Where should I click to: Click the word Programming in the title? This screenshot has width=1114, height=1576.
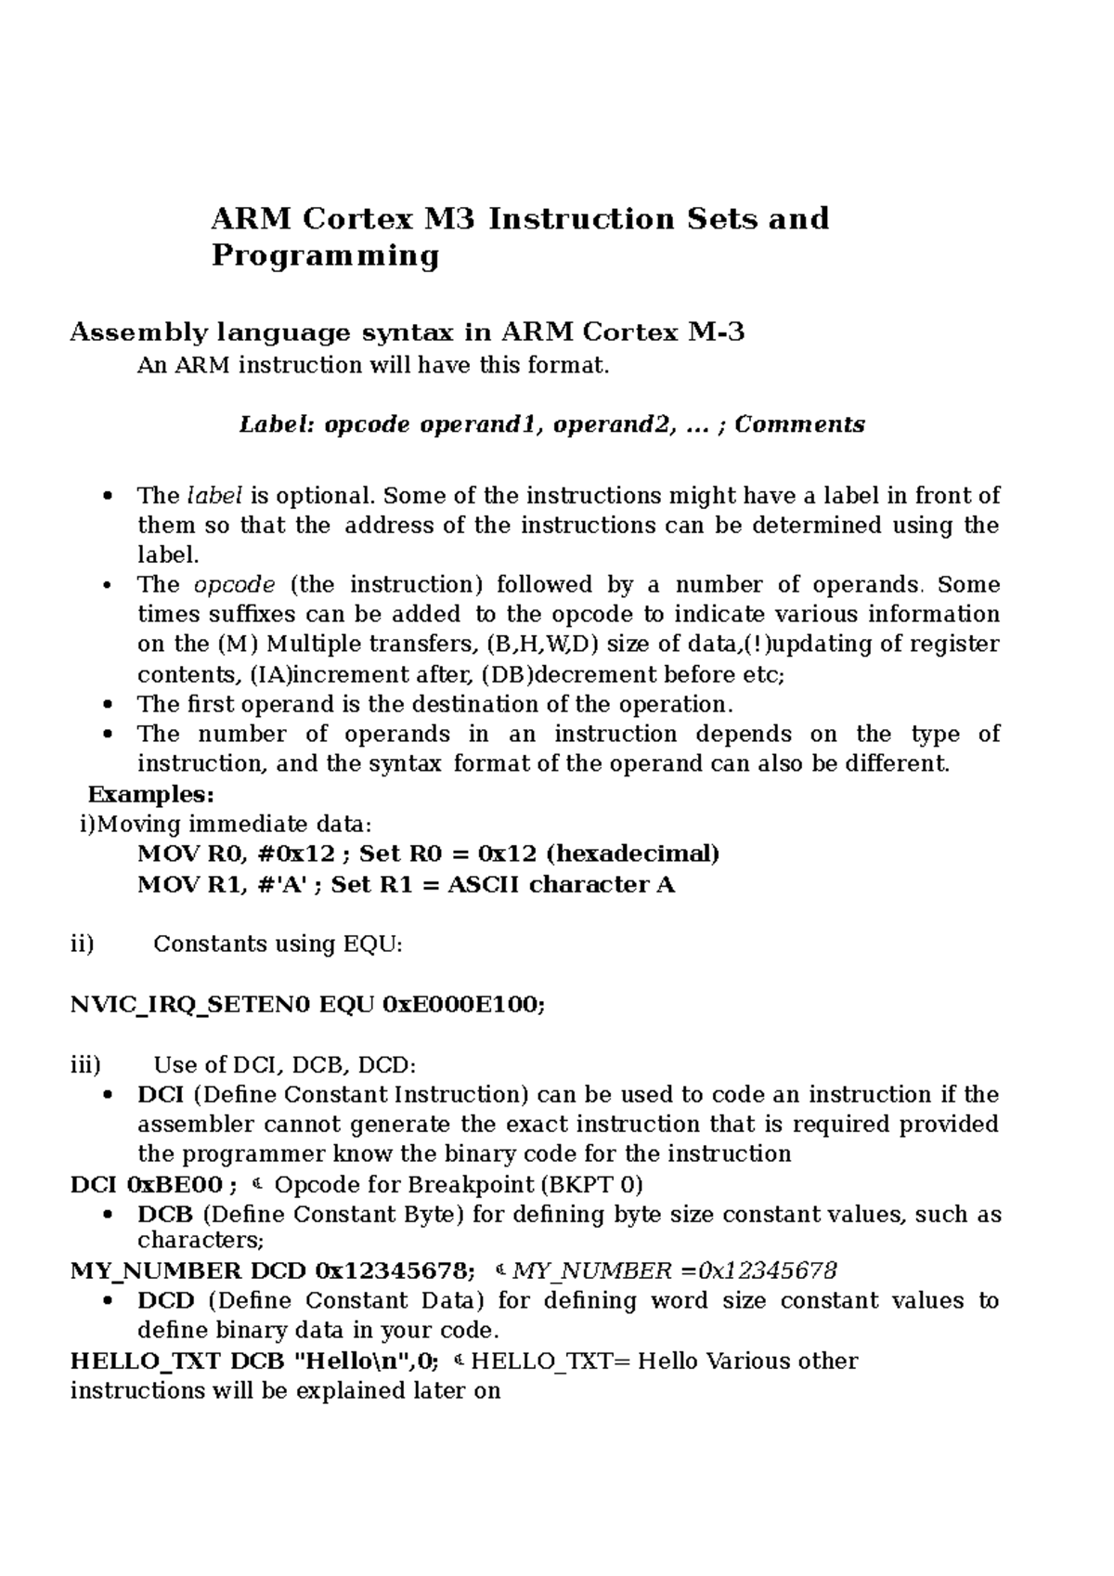coord(325,255)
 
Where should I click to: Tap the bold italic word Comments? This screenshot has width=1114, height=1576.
coord(799,424)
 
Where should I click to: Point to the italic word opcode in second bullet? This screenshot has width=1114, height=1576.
coord(234,585)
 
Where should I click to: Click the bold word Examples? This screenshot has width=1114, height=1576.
coord(150,795)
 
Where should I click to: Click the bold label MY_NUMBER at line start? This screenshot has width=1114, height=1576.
coord(154,1270)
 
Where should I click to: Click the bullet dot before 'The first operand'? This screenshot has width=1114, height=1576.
coord(109,704)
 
